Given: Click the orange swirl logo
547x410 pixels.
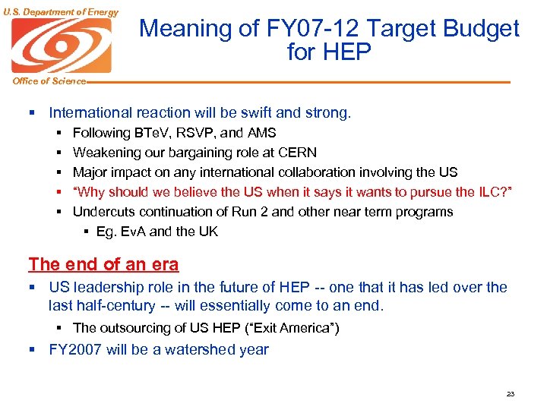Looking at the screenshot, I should [61, 45].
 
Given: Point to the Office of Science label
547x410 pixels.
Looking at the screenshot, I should [43, 81].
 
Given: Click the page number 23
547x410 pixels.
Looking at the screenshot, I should [510, 394].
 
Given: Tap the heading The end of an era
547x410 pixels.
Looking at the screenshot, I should [103, 264].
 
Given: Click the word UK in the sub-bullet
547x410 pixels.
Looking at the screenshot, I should [207, 232].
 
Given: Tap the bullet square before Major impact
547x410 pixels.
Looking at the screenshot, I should [59, 172].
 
